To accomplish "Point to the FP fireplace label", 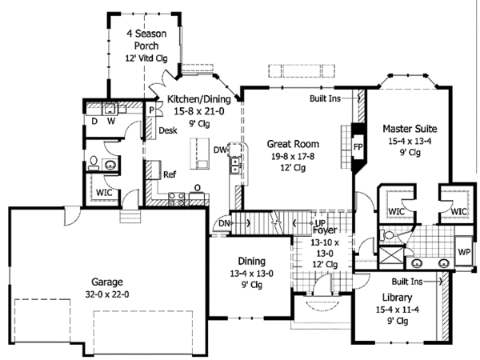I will [x=358, y=147].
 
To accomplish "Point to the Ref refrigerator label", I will [x=170, y=174].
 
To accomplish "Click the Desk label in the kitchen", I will [x=167, y=130].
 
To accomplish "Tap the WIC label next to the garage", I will [x=104, y=192].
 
